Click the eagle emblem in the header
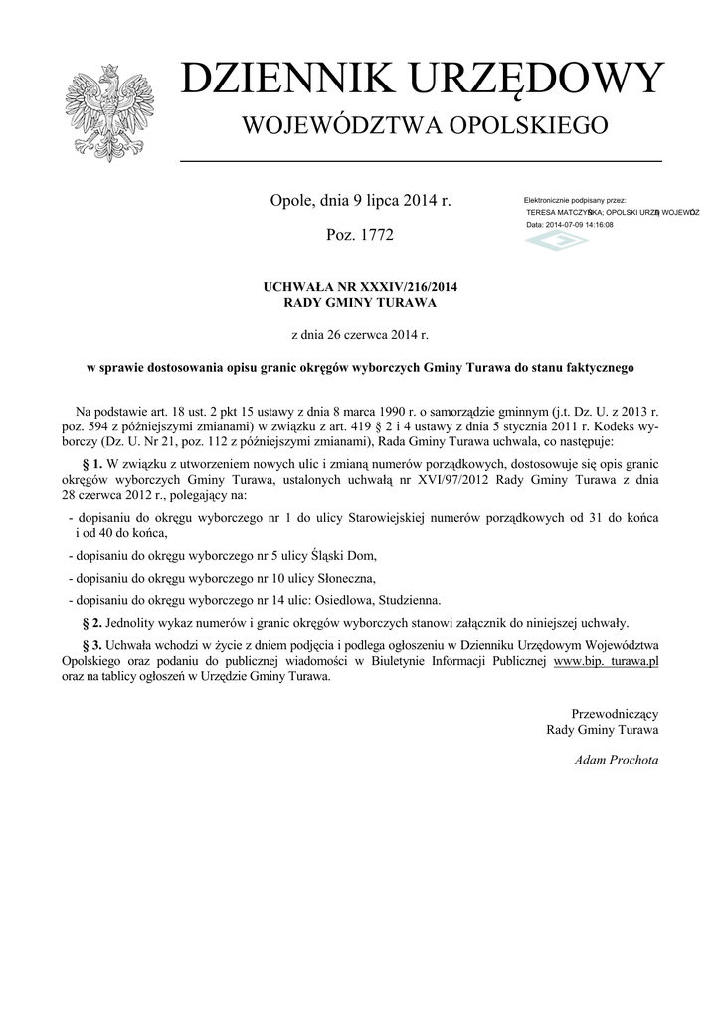102,112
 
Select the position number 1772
375,236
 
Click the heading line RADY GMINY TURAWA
360,302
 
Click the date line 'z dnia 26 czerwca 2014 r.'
360,335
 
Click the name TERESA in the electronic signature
545,213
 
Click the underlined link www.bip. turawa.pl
607,660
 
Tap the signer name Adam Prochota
617,760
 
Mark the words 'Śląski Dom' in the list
343,555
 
